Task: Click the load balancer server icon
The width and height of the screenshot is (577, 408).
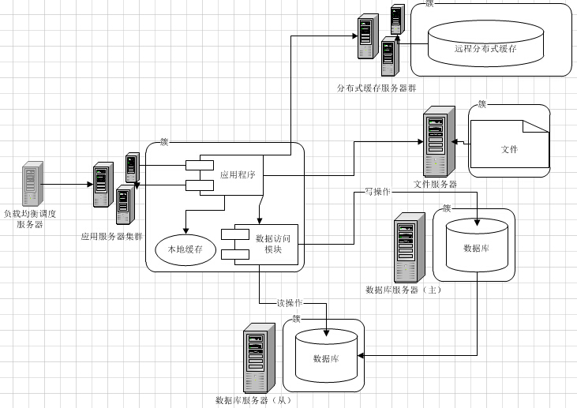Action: pos(32,184)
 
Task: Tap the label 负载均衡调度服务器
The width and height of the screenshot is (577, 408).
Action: pos(30,219)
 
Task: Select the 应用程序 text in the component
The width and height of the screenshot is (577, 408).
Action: pos(237,174)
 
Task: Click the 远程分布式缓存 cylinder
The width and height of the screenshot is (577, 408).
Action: pos(485,47)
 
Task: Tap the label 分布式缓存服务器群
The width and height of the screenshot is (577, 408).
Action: pos(377,88)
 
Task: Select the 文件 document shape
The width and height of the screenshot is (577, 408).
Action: pos(508,148)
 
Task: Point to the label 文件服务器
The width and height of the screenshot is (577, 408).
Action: pos(435,185)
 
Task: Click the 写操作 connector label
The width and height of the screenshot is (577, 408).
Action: pos(377,192)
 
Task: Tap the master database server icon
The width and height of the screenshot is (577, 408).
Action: pos(405,249)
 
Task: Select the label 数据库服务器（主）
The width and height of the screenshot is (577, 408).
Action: pos(403,290)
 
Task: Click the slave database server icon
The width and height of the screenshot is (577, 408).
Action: pos(255,357)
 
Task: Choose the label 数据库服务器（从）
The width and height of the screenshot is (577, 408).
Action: pos(254,400)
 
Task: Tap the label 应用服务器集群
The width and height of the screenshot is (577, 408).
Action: pos(112,236)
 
